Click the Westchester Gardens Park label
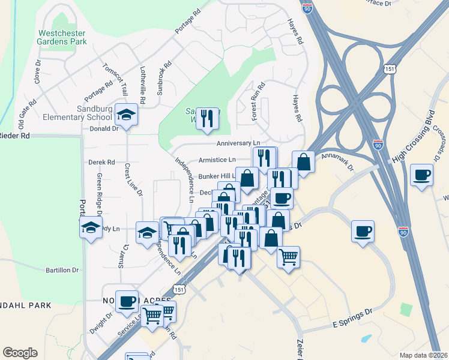pos(62,37)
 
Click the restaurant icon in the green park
pos(207,118)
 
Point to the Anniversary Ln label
pos(238,143)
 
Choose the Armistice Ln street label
pos(217,160)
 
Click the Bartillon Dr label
pos(62,271)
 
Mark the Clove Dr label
pos(37,71)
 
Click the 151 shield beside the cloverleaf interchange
pos(391,70)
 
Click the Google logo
pos(20,352)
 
